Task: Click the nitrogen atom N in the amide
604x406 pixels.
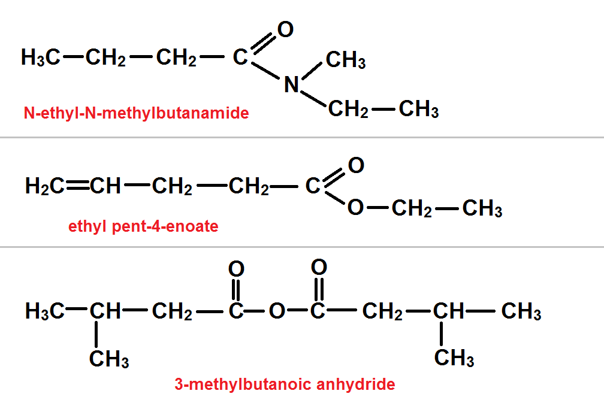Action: point(291,85)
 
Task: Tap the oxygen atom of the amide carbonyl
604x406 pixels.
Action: point(286,29)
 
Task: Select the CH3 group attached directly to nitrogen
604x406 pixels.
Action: point(346,60)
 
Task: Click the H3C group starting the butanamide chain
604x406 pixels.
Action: point(40,58)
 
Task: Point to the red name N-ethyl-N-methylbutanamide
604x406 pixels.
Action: point(136,113)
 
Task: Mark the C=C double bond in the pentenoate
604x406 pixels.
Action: point(78,187)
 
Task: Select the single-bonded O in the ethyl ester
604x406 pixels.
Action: point(355,208)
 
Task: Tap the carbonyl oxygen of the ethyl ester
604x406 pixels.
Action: point(356,165)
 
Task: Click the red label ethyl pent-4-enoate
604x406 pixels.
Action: point(143,227)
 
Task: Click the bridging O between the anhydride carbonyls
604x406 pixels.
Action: point(276,312)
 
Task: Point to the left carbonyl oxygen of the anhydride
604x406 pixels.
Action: point(236,268)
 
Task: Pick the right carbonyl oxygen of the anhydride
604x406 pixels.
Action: point(319,266)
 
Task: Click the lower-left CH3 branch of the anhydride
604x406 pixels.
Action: point(109,359)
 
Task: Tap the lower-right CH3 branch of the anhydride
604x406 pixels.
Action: point(454,358)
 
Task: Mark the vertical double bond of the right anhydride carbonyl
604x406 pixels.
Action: point(319,289)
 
